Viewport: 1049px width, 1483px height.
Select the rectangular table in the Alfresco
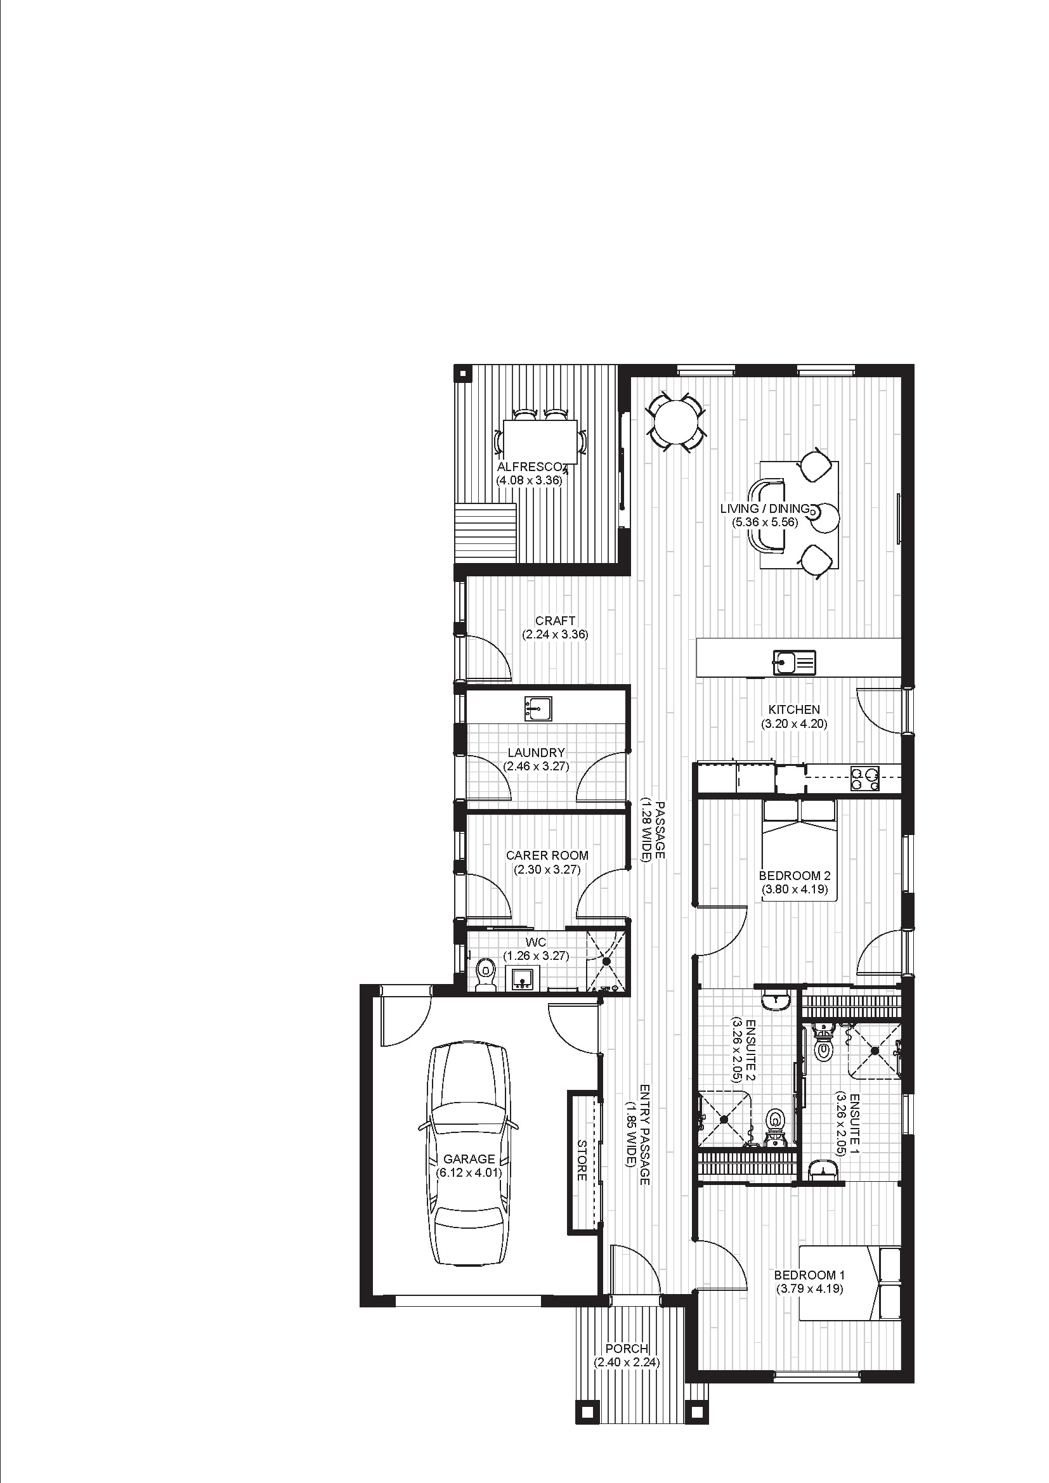[x=540, y=441]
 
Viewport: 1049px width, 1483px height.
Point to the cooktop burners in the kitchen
[x=865, y=779]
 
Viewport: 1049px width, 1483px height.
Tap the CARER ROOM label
[x=547, y=855]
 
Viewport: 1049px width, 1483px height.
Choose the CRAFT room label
[x=555, y=621]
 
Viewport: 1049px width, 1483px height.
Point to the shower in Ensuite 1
[x=875, y=1051]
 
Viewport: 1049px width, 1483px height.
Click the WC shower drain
[x=606, y=961]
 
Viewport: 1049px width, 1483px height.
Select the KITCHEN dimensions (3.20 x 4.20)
[x=794, y=723]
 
